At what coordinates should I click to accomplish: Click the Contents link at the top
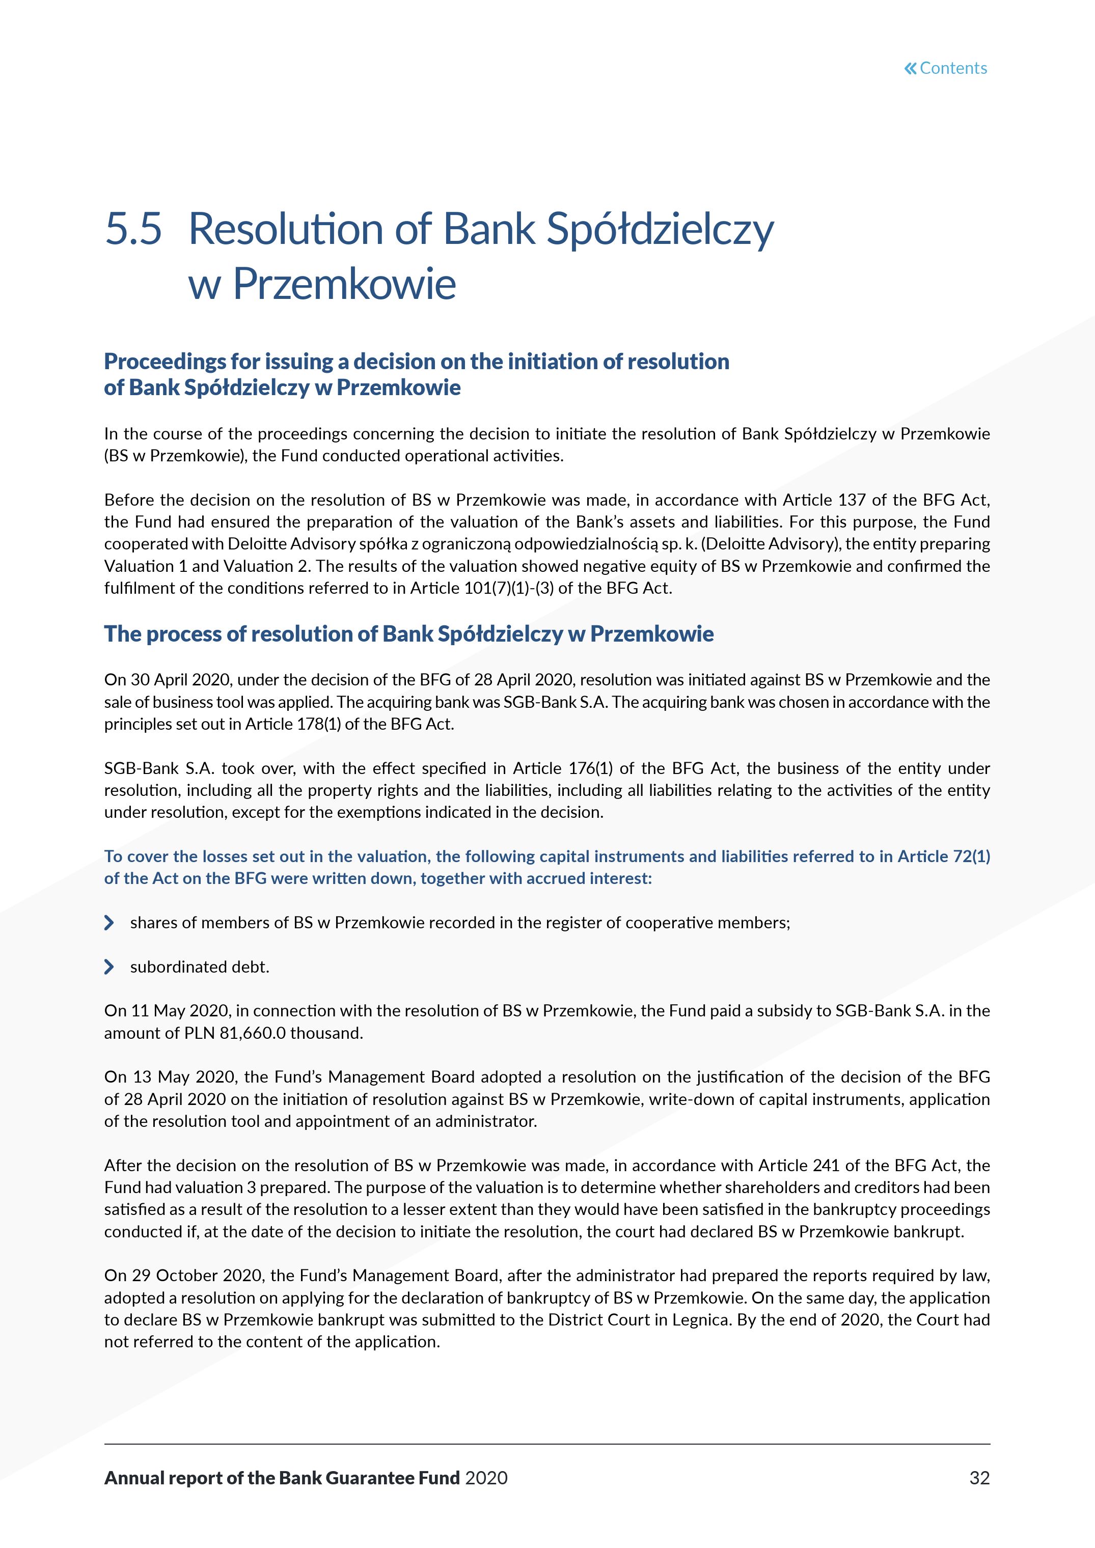953,68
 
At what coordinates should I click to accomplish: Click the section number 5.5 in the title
133,229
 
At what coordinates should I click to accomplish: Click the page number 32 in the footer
979,1478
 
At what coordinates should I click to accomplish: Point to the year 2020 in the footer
486,1478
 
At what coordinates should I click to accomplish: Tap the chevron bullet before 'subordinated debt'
109,967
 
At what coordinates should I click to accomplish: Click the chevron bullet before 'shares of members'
109,922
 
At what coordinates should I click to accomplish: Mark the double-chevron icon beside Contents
910,68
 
